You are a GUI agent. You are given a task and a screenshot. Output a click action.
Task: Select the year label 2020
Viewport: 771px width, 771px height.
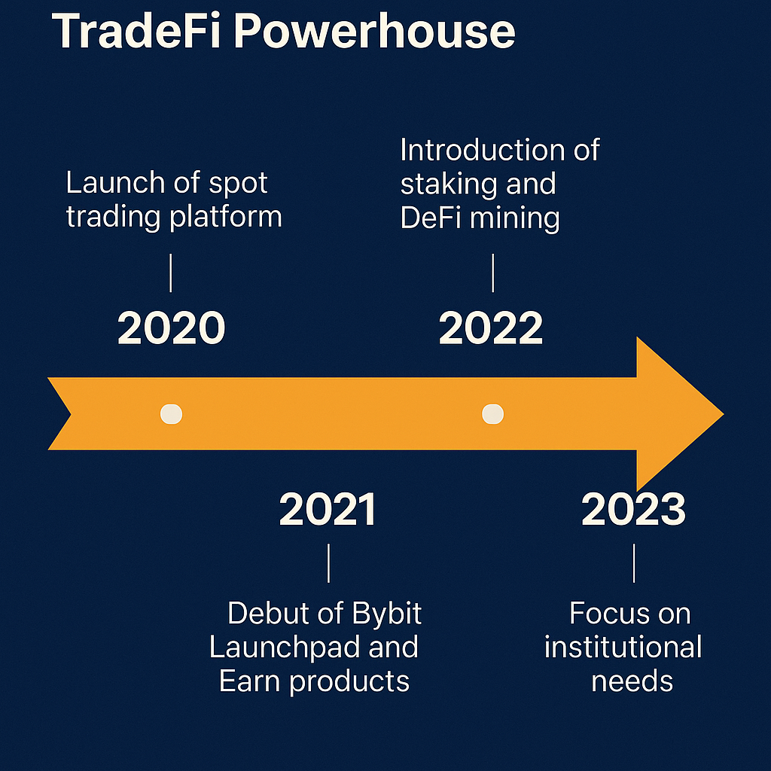pos(172,329)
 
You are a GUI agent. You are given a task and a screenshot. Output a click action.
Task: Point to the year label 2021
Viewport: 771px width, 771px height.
pos(328,510)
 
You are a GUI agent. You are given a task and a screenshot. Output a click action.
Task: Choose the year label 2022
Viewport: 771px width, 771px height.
pos(491,329)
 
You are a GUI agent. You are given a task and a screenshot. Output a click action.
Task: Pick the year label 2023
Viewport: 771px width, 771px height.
pos(633,510)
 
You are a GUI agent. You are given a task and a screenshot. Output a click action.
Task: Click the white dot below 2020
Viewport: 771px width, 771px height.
pos(172,414)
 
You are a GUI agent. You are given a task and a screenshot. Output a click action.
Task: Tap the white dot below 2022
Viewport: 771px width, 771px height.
pos(492,414)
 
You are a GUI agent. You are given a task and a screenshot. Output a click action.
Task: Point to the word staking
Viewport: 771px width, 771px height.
pos(446,184)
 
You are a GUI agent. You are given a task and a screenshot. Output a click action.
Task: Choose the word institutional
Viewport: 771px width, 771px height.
pos(623,648)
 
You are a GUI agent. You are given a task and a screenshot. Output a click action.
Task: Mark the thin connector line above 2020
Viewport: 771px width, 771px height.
pos(172,273)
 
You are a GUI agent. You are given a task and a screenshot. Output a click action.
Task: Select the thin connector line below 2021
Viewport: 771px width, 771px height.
pos(328,562)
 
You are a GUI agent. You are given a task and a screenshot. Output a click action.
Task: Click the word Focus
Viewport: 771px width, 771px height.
pos(599,614)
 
